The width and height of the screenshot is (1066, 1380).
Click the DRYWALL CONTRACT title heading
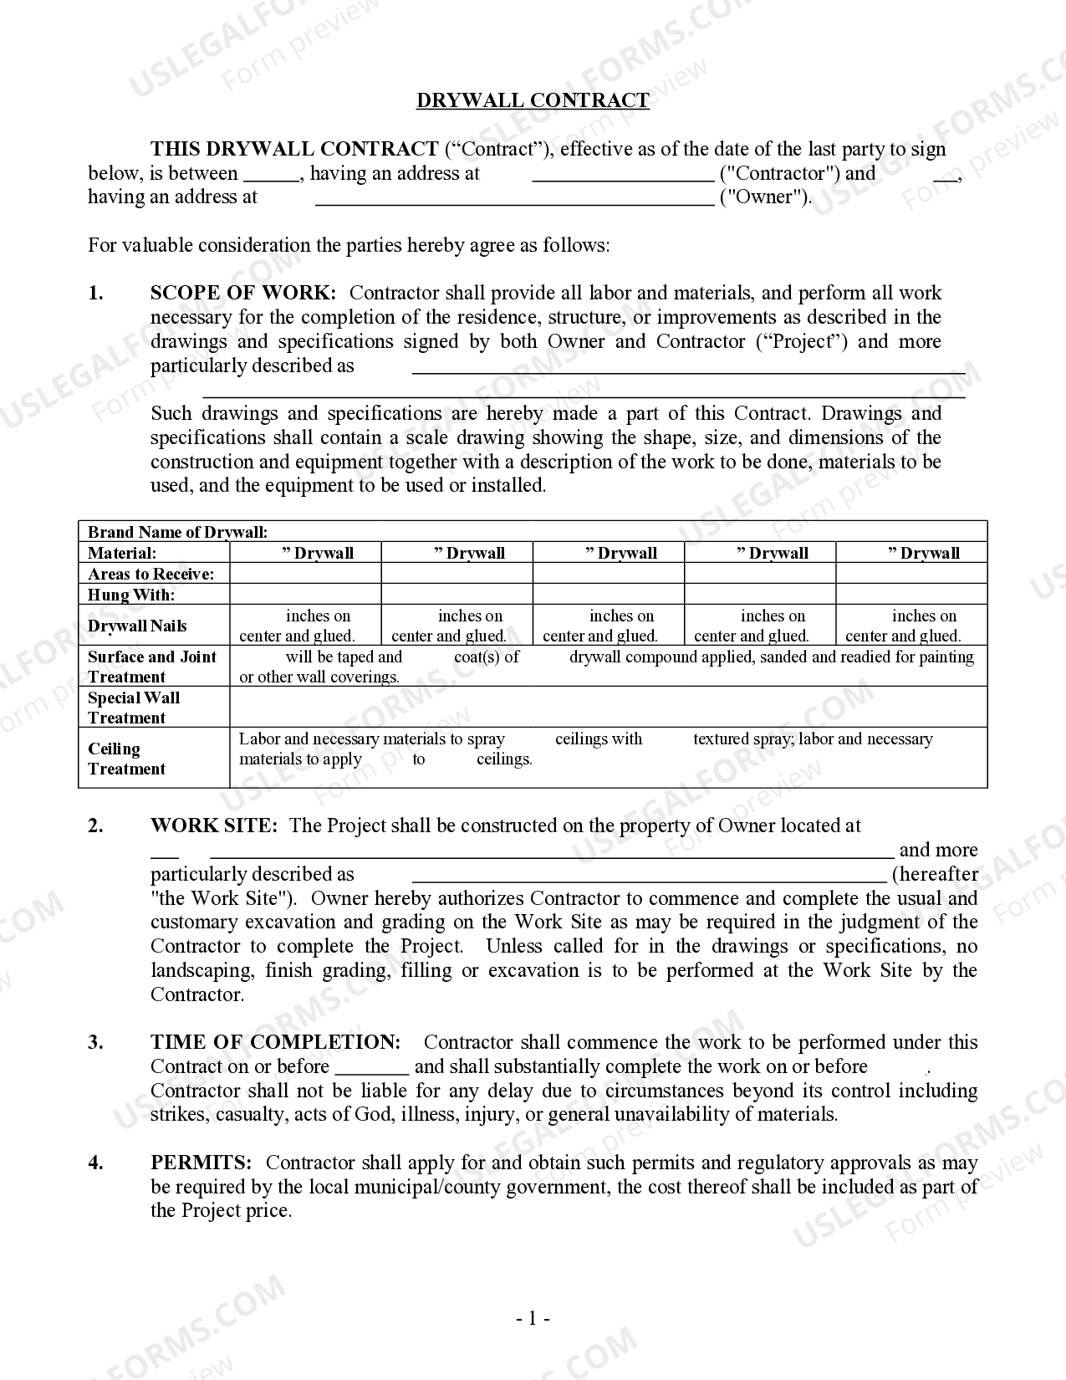coord(533,100)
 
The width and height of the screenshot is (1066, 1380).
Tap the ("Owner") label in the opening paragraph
coord(765,197)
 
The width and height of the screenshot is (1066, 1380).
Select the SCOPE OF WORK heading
coord(243,293)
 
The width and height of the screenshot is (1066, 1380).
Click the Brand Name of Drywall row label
coord(177,532)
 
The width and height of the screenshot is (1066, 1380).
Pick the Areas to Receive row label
coord(150,574)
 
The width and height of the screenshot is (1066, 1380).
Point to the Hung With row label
coord(131,595)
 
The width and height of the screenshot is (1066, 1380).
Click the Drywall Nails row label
coord(137,626)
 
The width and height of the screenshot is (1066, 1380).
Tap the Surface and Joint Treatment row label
coord(151,667)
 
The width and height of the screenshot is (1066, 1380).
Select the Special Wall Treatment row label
coord(133,708)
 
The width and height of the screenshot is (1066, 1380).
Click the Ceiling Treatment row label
coord(126,759)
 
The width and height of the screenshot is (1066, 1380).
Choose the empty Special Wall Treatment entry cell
coord(608,708)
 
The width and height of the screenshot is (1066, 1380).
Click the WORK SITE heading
coord(213,825)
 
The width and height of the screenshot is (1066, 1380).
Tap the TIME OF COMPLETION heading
coord(275,1042)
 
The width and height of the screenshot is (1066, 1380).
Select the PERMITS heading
coord(201,1163)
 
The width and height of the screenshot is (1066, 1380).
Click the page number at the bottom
coord(533,1319)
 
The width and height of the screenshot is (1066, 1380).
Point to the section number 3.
coord(96,1042)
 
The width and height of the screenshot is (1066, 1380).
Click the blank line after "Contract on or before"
coord(372,1068)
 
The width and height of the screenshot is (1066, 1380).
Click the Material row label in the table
coord(122,553)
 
